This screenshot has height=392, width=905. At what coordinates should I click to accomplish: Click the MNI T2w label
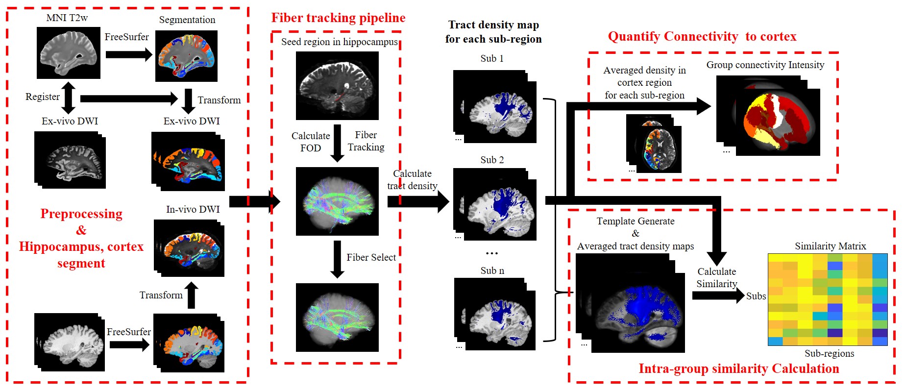(x=67, y=18)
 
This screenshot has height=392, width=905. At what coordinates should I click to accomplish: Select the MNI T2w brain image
(x=69, y=53)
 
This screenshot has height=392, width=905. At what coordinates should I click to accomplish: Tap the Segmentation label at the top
(x=187, y=20)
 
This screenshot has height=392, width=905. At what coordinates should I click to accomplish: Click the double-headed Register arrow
(x=69, y=98)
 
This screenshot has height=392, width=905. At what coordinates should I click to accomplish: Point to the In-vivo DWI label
(x=193, y=209)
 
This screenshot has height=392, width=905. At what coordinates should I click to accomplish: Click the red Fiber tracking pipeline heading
(x=338, y=18)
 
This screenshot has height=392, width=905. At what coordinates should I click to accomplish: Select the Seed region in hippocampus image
(x=337, y=86)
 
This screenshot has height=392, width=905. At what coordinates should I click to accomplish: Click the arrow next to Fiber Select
(x=337, y=259)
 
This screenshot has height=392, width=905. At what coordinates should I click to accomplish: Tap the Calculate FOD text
(x=311, y=142)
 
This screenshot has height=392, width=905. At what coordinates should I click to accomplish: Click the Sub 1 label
(x=492, y=58)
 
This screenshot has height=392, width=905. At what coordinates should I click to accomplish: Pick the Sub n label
(x=492, y=270)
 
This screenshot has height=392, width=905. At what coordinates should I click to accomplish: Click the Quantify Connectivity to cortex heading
(x=702, y=37)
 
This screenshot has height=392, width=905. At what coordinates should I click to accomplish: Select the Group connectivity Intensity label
(x=765, y=65)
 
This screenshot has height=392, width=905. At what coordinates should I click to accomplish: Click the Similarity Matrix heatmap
(x=828, y=299)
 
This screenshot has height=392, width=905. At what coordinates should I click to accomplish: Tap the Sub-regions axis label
(x=829, y=353)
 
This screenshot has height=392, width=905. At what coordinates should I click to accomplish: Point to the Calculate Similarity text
(x=716, y=277)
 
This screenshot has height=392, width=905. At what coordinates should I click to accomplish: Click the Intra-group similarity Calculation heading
(x=738, y=368)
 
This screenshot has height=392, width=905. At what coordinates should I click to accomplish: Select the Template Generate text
(x=636, y=221)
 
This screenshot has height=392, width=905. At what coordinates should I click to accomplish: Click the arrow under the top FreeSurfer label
(x=129, y=54)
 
